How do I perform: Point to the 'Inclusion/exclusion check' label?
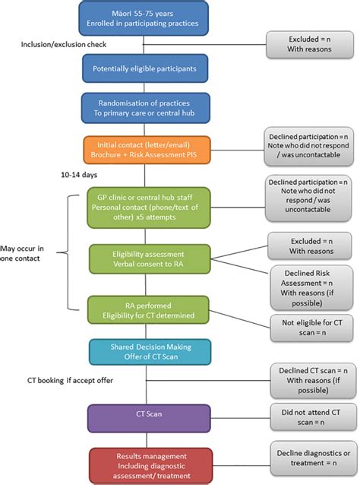(x=58, y=45)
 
